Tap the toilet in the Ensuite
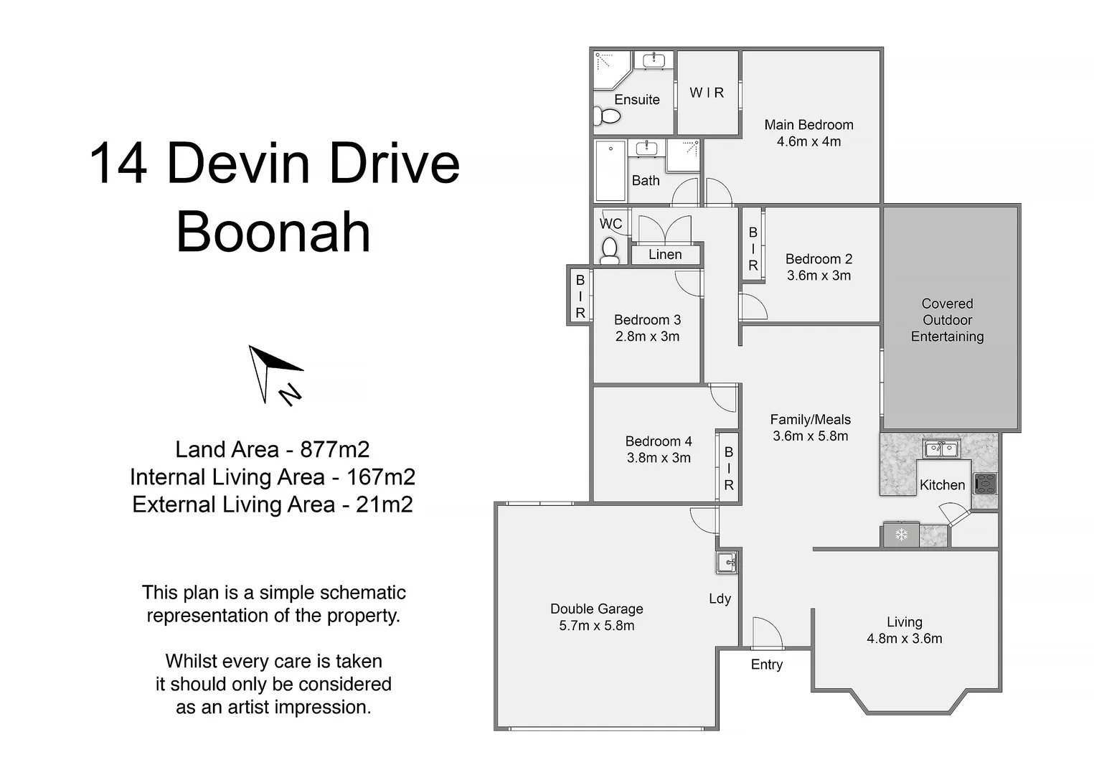[608, 115]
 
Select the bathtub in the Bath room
[610, 171]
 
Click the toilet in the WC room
[610, 249]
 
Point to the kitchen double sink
[941, 449]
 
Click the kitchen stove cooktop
[986, 484]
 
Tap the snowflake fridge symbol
[901, 535]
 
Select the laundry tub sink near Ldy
[727, 562]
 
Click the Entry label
[766, 664]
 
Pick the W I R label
[707, 93]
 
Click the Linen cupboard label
[665, 255]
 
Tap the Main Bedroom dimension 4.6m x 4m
[808, 141]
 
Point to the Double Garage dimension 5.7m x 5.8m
[596, 626]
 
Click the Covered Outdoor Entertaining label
[947, 320]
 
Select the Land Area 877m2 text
[273, 449]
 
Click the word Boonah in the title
[273, 232]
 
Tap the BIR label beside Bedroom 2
[753, 249]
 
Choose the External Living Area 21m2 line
[273, 504]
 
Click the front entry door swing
[766, 633]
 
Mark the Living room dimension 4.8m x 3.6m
[904, 639]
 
